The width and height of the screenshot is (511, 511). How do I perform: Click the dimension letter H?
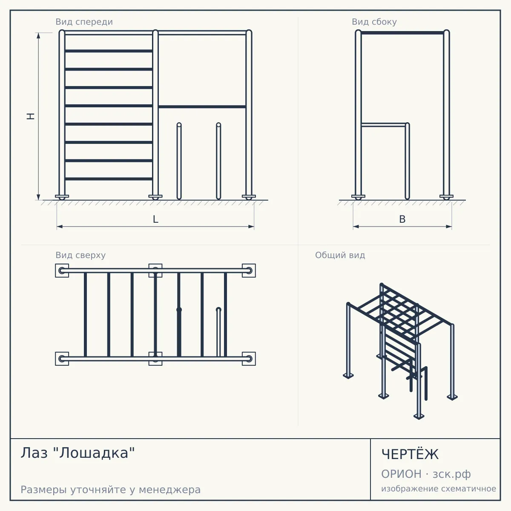coord(31,116)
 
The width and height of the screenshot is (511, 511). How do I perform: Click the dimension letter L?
coord(156,219)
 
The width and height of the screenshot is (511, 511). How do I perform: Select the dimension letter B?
coord(402,219)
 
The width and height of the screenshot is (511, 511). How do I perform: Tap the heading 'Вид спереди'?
coord(84,22)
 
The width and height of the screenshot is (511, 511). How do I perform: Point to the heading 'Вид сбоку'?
coord(374,22)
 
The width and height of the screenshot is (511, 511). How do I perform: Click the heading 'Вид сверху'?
coord(80,255)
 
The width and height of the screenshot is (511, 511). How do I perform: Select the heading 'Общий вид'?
coord(340,255)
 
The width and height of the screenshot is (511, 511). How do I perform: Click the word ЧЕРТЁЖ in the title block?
coord(410,454)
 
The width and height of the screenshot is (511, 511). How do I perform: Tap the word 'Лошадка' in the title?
coord(94,453)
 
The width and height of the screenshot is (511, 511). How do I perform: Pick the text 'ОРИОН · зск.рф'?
coord(426,474)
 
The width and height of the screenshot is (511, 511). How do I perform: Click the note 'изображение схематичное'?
coord(439,488)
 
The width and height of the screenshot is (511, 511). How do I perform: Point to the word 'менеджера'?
coord(170,490)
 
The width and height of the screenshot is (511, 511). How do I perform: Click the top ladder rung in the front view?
coord(109,51)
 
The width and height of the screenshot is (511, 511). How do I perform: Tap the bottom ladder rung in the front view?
coord(109,179)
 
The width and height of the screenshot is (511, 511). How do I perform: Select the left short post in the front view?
coord(179,161)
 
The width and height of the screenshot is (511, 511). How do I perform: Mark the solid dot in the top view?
coord(179,310)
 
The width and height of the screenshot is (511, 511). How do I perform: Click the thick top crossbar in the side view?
coord(402,33)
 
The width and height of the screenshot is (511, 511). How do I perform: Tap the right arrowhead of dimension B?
coord(449,227)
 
